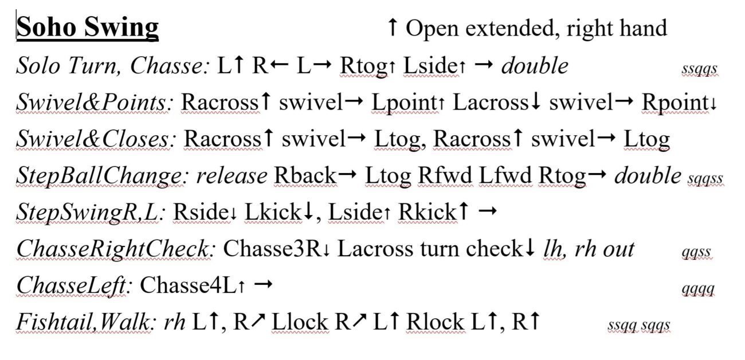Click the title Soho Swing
pos(88,28)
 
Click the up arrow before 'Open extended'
pos(393,27)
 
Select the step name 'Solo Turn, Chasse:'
pos(113,66)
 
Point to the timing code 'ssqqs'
pos(699,69)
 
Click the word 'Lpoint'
pos(404,103)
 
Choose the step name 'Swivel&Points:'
pos(95,102)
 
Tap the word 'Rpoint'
pos(676,103)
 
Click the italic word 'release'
pos(232,175)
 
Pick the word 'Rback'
pos(305,175)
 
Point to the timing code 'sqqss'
pos(705,179)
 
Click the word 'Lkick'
pos(273,212)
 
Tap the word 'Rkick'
pos(428,212)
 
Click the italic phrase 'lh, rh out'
pos(589,249)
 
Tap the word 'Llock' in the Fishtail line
pos(300,322)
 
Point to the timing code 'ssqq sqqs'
pos(639,325)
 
